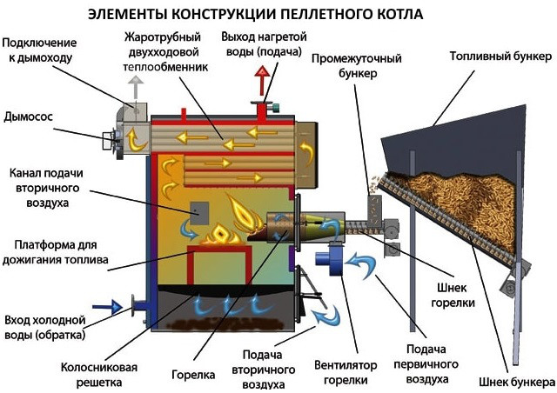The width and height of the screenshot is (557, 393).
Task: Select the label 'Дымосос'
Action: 30,115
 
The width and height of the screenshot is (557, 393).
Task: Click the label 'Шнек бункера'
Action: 516,382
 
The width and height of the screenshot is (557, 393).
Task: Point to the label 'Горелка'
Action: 194,376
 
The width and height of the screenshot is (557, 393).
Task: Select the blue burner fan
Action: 330,261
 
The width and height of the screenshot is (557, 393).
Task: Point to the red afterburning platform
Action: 220,261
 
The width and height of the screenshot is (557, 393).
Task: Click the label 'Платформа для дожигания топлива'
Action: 56,250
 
